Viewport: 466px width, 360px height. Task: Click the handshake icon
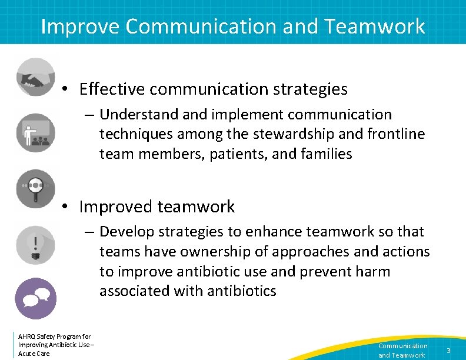pos(35,77)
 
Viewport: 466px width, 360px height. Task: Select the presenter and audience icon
pos(35,133)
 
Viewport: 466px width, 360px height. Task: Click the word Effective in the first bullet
pos(112,89)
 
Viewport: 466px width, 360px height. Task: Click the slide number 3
pos(448,351)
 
